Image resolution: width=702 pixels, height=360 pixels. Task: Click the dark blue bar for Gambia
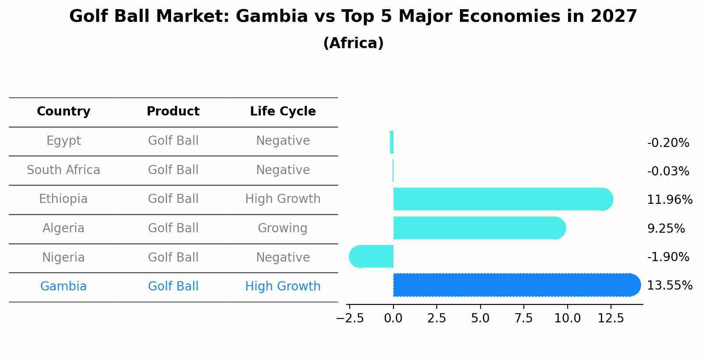point(516,285)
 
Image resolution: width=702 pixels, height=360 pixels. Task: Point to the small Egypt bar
point(392,142)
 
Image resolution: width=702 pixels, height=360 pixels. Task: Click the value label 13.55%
point(670,286)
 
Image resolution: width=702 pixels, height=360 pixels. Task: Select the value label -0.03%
point(668,171)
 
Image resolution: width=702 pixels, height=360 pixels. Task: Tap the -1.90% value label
point(668,257)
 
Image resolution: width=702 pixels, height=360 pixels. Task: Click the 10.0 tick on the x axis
point(567,318)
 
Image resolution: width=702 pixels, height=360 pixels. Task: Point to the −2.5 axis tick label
point(350,318)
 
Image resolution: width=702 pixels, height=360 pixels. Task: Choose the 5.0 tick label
point(480,318)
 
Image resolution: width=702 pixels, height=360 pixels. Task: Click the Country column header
point(63,112)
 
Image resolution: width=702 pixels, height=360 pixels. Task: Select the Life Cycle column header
point(283,112)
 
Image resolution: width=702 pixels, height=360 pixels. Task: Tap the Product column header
point(173,112)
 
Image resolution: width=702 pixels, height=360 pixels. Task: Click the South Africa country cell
point(63,170)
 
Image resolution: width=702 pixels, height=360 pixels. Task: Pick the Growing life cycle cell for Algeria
point(283,228)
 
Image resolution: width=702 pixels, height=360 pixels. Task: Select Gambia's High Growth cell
point(283,287)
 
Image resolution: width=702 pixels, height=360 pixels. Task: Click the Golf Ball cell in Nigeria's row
point(173,258)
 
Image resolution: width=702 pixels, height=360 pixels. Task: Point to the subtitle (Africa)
point(353,43)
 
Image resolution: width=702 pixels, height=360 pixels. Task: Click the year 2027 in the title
point(614,17)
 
